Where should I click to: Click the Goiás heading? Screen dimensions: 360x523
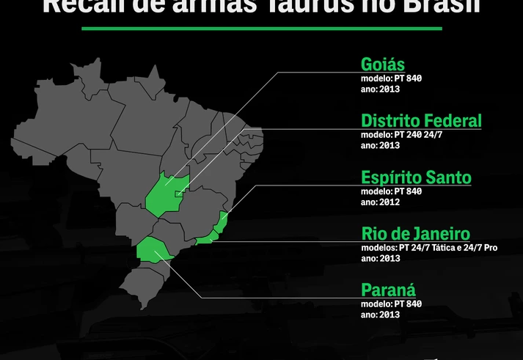(383, 64)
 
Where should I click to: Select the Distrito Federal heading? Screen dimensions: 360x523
(421, 120)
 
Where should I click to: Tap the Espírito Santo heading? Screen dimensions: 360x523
(416, 177)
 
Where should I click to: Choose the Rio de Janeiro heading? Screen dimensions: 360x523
(415, 234)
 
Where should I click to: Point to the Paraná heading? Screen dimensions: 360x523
(387, 290)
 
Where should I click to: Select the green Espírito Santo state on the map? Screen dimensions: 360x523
(224, 220)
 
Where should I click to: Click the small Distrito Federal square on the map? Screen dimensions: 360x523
(178, 192)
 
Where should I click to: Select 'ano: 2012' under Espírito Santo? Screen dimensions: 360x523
(380, 202)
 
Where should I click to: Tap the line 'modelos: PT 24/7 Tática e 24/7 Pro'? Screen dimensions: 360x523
(429, 248)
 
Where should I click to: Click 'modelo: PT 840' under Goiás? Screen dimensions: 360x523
(391, 78)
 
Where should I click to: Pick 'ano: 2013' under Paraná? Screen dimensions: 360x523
(380, 315)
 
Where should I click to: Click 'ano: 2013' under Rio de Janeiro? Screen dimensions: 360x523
(380, 258)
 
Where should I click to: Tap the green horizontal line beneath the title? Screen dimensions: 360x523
(262, 29)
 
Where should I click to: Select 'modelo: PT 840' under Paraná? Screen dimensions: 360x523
(391, 304)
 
